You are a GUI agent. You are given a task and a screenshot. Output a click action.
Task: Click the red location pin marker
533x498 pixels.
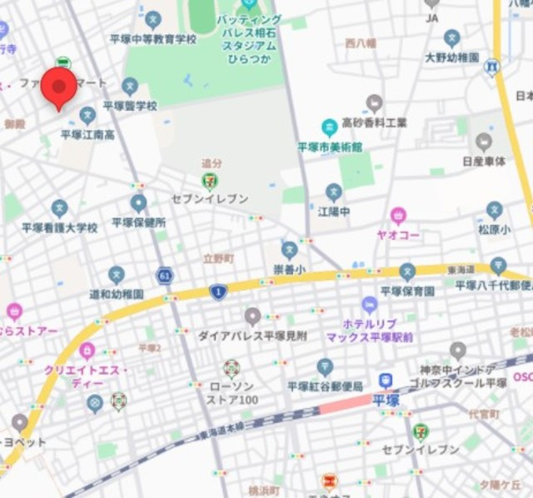(x=58, y=87)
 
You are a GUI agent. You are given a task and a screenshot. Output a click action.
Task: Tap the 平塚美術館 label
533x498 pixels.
(x=330, y=147)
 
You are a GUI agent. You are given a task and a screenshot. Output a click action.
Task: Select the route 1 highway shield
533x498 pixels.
(x=218, y=291)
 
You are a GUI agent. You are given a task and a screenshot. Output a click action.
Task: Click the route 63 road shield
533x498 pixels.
(x=166, y=274)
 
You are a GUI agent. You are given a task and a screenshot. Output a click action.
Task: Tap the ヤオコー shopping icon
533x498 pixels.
(x=398, y=216)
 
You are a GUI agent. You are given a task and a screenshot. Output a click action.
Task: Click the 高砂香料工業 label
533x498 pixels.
(x=375, y=122)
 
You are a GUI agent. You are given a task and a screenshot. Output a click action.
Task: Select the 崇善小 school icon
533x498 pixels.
(x=289, y=249)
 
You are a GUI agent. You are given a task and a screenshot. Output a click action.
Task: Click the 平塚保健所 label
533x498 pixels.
(x=139, y=222)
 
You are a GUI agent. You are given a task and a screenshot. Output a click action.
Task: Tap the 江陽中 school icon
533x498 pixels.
(x=334, y=192)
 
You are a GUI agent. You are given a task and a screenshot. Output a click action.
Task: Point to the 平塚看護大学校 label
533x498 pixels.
(x=59, y=227)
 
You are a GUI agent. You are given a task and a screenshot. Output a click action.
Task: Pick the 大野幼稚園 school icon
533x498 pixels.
(x=451, y=38)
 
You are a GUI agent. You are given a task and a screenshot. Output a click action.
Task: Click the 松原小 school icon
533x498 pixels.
(x=495, y=209)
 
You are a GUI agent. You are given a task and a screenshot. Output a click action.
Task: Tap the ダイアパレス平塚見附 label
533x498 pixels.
(x=252, y=336)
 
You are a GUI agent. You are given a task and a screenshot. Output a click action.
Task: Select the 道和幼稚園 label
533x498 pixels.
(x=117, y=294)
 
